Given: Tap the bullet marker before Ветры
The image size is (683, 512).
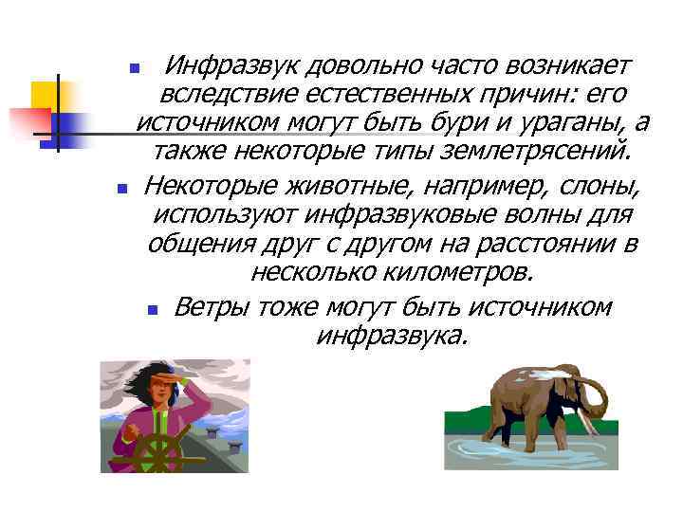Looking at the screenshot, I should (154, 310).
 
